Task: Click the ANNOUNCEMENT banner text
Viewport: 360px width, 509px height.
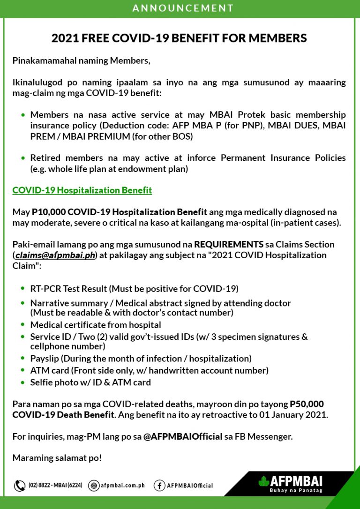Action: pyautogui.click(x=183, y=8)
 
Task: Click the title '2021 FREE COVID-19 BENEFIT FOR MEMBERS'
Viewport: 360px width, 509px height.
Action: pyautogui.click(x=180, y=38)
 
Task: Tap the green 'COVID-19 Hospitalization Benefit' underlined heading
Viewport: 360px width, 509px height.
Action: pyautogui.click(x=82, y=190)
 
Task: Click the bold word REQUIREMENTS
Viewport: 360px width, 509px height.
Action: pyautogui.click(x=229, y=244)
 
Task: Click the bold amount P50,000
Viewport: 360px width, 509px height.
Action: pyautogui.click(x=307, y=404)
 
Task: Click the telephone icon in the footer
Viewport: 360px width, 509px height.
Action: pyautogui.click(x=20, y=486)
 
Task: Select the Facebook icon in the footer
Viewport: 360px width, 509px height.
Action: pyautogui.click(x=159, y=486)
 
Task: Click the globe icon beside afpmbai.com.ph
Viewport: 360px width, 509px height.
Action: pyautogui.click(x=93, y=486)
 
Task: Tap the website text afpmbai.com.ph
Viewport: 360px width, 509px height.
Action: pyautogui.click(x=122, y=486)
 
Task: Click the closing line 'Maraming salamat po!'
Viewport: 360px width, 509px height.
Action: pyautogui.click(x=57, y=458)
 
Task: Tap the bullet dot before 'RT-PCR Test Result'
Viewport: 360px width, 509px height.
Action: pyautogui.click(x=23, y=289)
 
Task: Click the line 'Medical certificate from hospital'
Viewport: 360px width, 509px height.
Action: pyautogui.click(x=96, y=325)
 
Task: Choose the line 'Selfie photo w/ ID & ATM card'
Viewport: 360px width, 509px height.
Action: pyautogui.click(x=90, y=382)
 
